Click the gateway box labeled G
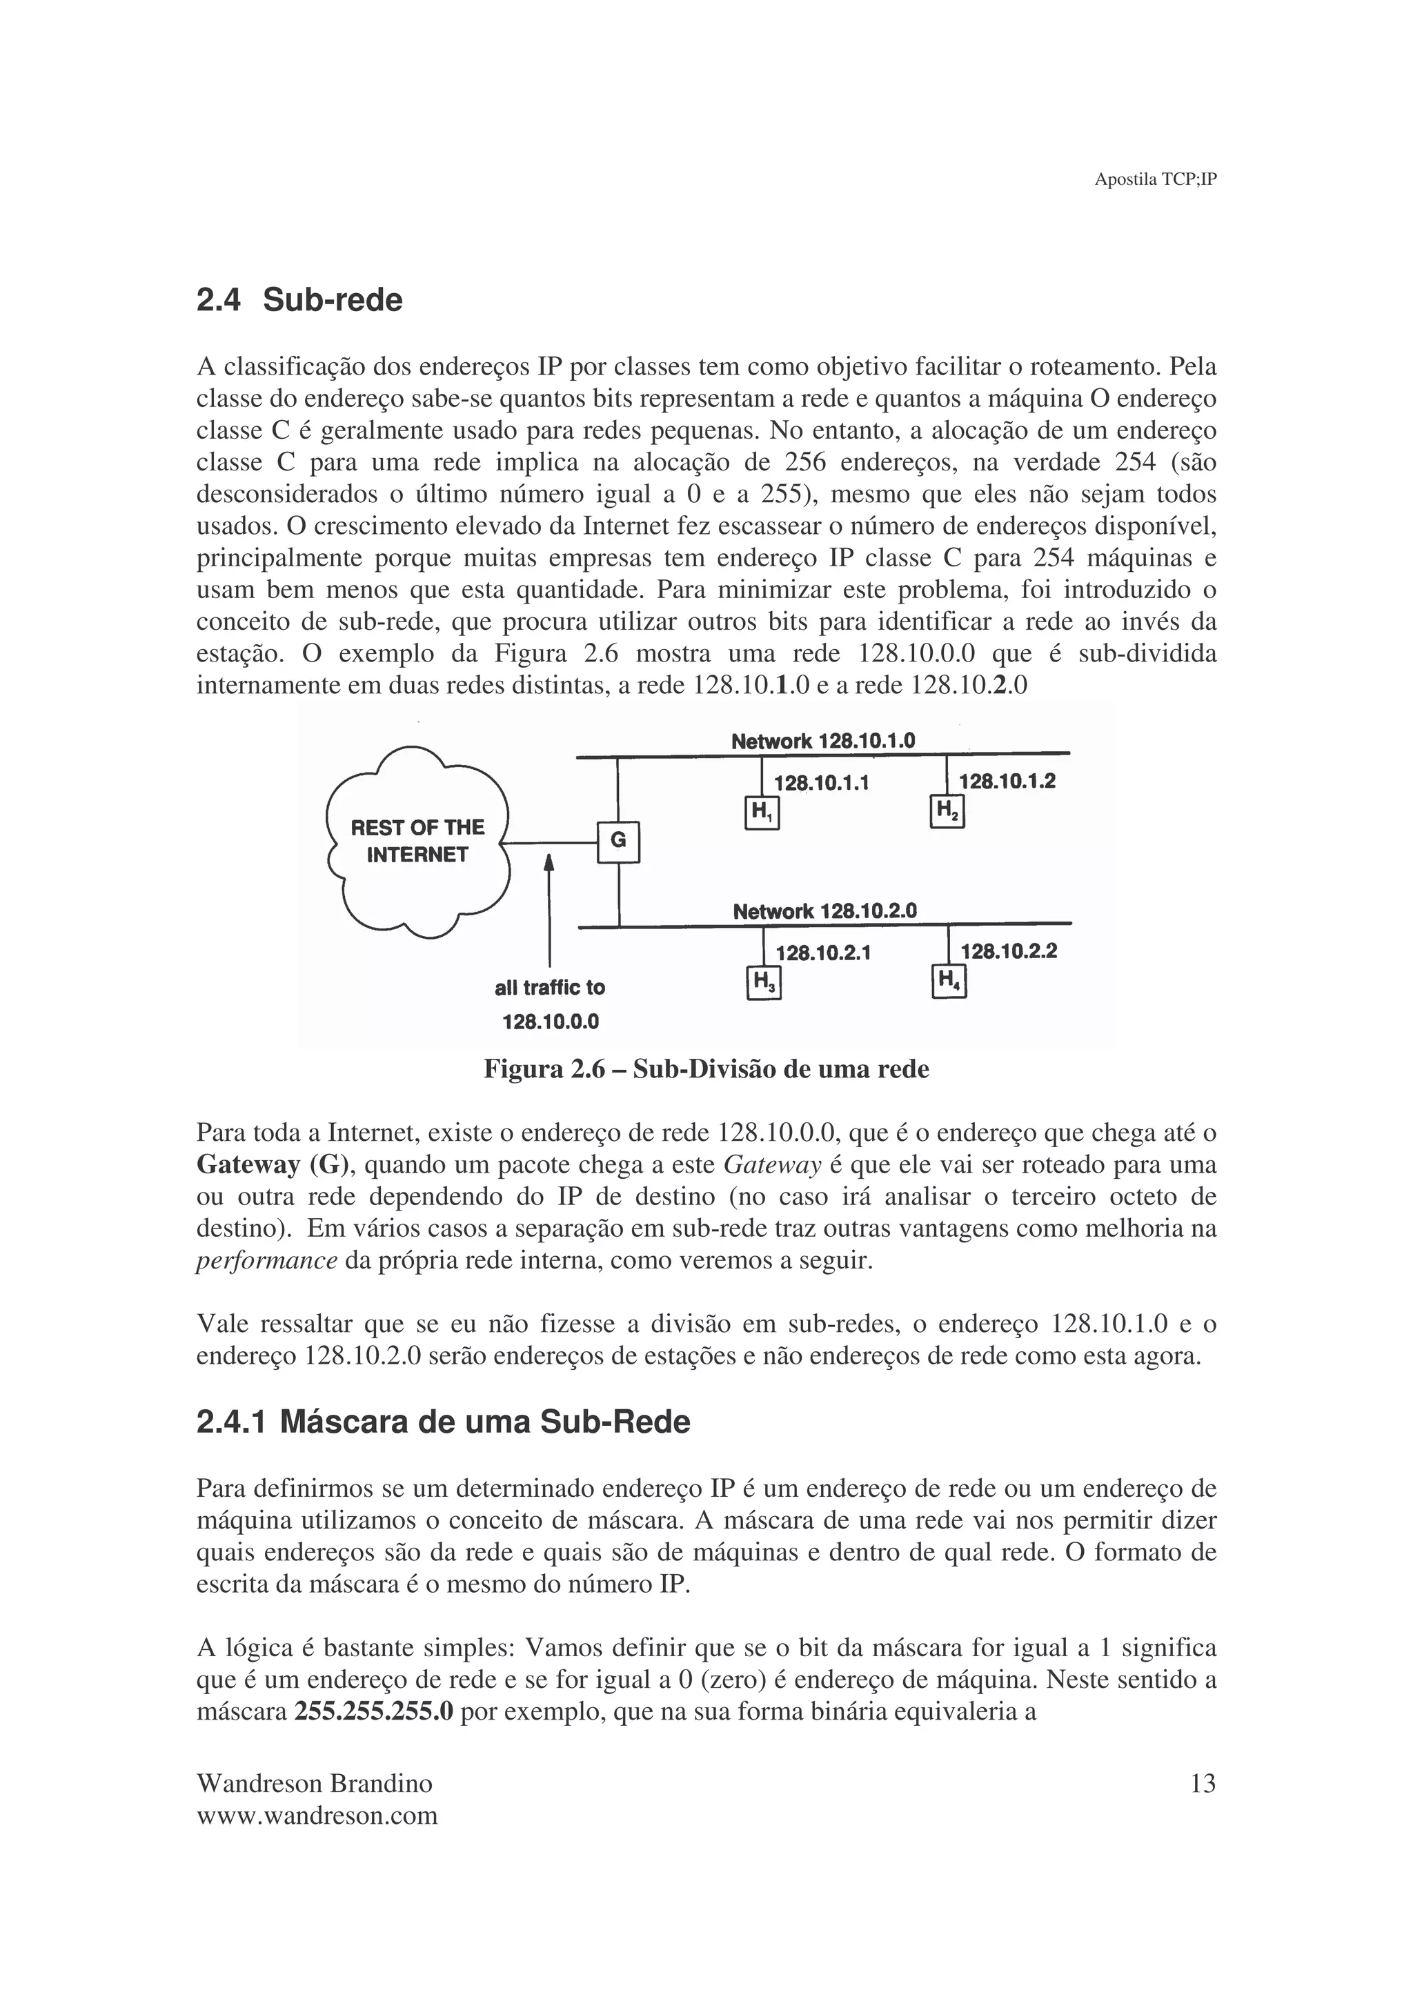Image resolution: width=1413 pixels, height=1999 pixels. [x=618, y=841]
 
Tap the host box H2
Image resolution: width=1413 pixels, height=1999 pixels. [x=947, y=811]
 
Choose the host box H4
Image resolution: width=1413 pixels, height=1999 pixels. [x=949, y=982]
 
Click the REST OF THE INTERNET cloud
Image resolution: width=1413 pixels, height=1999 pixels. [x=417, y=841]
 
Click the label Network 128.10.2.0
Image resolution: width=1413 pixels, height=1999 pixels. [x=824, y=912]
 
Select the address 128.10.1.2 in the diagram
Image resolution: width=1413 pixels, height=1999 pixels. [x=1007, y=781]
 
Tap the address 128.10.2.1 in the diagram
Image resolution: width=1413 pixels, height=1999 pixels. [x=822, y=953]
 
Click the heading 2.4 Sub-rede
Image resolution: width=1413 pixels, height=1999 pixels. [x=299, y=300]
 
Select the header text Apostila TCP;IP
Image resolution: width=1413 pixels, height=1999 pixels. [x=1155, y=179]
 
